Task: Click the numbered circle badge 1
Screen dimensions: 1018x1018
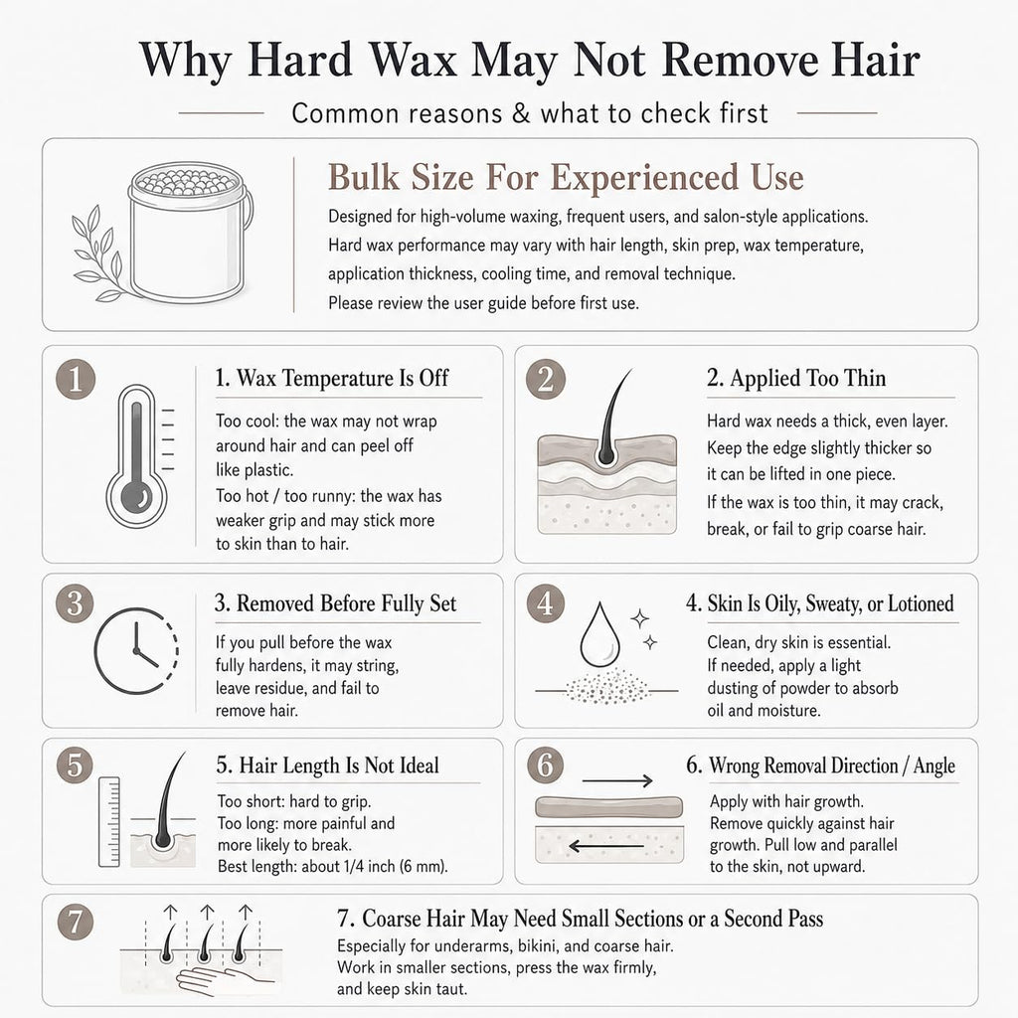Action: click(x=76, y=379)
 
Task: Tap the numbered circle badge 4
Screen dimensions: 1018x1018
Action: click(x=545, y=603)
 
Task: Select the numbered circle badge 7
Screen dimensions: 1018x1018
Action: click(x=76, y=922)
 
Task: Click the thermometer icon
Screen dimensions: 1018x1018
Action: click(x=137, y=455)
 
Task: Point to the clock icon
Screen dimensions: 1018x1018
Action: click(x=136, y=650)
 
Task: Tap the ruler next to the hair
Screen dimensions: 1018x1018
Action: click(x=109, y=821)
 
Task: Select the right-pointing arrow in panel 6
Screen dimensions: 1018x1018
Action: click(x=617, y=780)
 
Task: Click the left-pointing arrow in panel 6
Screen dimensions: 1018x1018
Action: click(x=605, y=846)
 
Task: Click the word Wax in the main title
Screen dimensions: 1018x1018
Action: click(x=414, y=60)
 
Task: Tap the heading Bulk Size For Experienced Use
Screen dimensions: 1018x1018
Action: click(x=566, y=177)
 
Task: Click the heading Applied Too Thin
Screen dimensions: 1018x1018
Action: click(x=796, y=378)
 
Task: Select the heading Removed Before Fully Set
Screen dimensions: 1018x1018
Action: click(x=336, y=603)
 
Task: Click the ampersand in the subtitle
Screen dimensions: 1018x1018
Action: click(x=521, y=113)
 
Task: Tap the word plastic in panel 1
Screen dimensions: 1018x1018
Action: click(x=267, y=470)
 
